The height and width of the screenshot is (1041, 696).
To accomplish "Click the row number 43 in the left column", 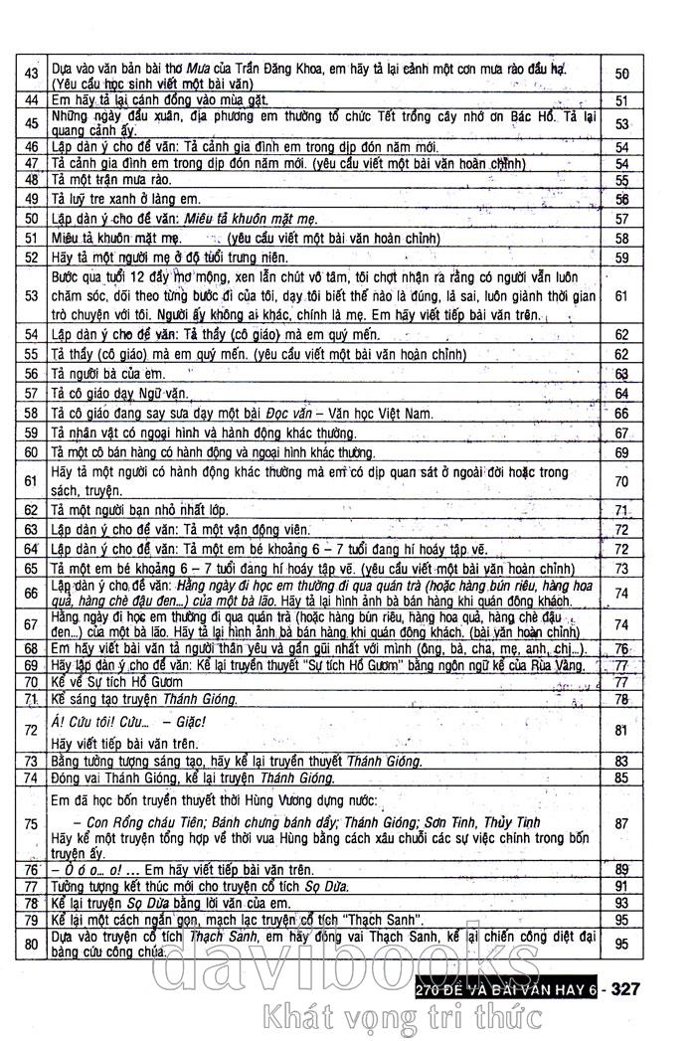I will click(x=31, y=76).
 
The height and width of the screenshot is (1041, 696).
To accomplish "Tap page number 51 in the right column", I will click(x=622, y=100).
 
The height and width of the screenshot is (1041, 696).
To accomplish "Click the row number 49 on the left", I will click(x=31, y=199).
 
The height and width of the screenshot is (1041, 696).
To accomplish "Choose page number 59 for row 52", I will click(x=622, y=257).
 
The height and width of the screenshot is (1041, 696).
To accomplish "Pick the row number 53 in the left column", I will click(x=31, y=295).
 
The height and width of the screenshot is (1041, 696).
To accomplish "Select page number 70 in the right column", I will click(x=622, y=481).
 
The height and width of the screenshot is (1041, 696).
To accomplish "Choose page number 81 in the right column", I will click(x=622, y=731).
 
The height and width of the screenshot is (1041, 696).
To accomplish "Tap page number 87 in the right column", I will click(x=622, y=822).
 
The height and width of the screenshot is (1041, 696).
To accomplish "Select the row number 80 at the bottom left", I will click(x=31, y=946).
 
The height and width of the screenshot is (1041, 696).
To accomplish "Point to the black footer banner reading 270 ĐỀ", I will click(x=507, y=989).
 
